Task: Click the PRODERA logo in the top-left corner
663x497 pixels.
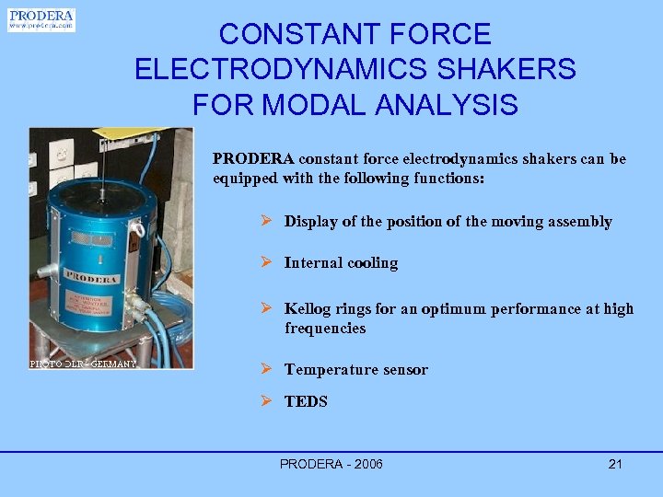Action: tap(41, 20)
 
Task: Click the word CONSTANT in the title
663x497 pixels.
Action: tap(277, 35)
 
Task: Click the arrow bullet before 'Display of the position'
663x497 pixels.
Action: tap(265, 221)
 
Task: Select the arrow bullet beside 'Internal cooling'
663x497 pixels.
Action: tap(265, 262)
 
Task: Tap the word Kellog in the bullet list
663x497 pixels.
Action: tap(308, 309)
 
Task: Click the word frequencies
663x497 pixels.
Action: tap(325, 329)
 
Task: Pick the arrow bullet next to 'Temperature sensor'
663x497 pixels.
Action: tap(265, 369)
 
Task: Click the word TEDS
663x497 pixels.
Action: tap(306, 401)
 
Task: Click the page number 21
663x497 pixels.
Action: tap(615, 464)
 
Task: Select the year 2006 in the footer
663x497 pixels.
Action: tap(366, 464)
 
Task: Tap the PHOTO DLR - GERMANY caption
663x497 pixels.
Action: tap(83, 364)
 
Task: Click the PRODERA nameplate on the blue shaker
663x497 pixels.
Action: tap(92, 280)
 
